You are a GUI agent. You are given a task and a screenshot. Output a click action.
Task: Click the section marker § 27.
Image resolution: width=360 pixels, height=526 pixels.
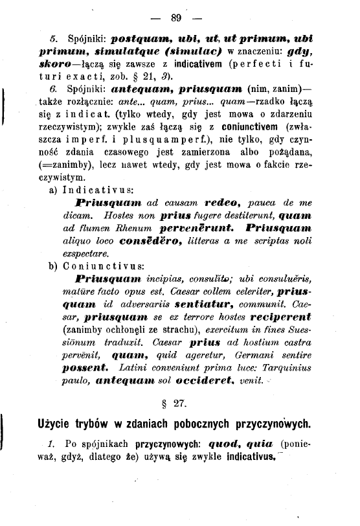pyautogui.click(x=173, y=404)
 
